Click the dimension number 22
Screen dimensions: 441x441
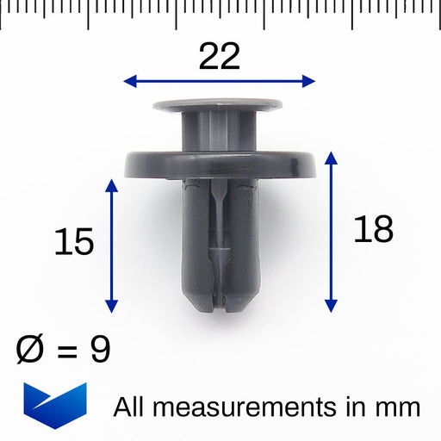coord(219,57)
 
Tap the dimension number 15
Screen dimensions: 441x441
coord(73,242)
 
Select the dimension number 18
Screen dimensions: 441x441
coord(372,229)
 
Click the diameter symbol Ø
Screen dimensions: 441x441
coord(32,350)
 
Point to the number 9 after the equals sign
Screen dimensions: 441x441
coord(101,350)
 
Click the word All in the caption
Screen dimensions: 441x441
coord(131,406)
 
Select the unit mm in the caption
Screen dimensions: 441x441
coord(399,407)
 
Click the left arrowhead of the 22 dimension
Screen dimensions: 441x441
coord(129,82)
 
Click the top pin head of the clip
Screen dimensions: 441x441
coord(218,107)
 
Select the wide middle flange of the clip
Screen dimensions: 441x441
coord(218,164)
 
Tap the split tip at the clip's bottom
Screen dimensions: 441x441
coord(219,299)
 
